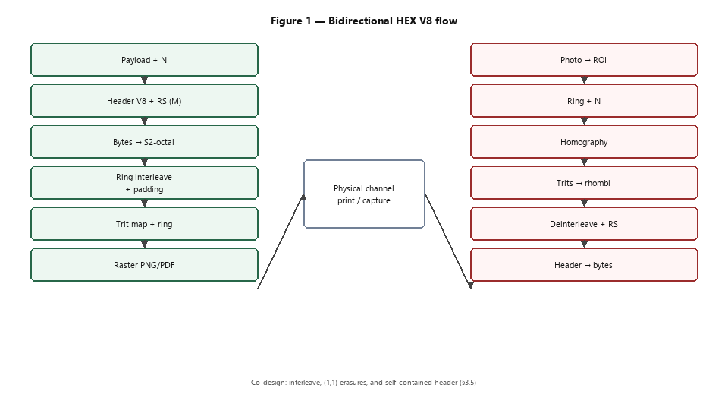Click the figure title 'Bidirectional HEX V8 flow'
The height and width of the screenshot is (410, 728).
coord(392,21)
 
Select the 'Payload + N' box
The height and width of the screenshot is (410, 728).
coord(144,59)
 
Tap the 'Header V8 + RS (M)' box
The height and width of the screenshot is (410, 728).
coord(144,100)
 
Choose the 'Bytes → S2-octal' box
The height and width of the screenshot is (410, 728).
coord(144,142)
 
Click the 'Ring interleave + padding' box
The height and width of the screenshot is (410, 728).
coord(144,183)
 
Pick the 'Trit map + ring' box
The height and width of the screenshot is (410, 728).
coord(144,223)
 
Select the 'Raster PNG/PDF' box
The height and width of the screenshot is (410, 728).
coord(144,264)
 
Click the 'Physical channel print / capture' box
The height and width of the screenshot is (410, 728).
coord(365,194)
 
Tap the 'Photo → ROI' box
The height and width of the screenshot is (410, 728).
coord(584,59)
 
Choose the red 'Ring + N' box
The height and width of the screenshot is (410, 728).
coord(584,100)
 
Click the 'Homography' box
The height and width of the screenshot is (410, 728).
coord(584,142)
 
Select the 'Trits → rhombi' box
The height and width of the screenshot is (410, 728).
coord(584,183)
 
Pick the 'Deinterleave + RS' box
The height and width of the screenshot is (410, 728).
coord(584,223)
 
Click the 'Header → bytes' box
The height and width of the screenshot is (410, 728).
coord(584,264)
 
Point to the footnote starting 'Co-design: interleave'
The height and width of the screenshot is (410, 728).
coord(363,383)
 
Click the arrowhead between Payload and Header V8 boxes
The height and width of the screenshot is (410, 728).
coord(144,80)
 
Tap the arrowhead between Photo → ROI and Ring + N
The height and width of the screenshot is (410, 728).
coord(584,80)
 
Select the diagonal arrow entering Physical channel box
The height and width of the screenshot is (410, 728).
coord(281,241)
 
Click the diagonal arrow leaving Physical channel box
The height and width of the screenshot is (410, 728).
coord(448,241)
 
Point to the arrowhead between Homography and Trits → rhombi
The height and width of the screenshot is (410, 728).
coord(584,162)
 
